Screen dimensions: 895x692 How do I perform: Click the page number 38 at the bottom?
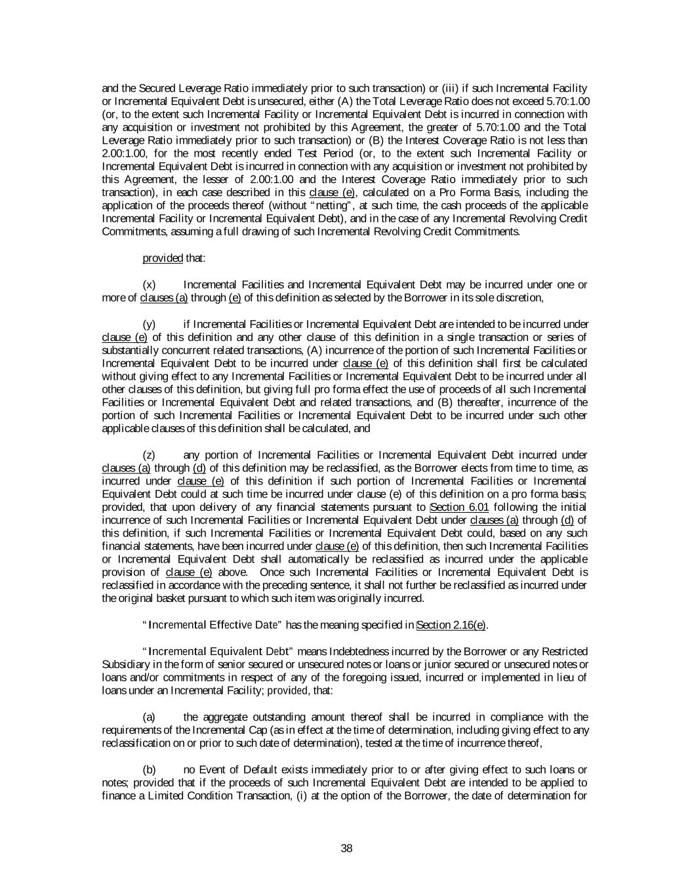[347, 848]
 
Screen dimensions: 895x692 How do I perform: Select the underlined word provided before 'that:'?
[163, 258]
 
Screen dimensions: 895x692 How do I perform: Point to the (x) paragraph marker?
[150, 285]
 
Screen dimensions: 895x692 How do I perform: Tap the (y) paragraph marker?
[150, 324]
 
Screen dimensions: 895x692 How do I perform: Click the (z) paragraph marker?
[150, 454]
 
